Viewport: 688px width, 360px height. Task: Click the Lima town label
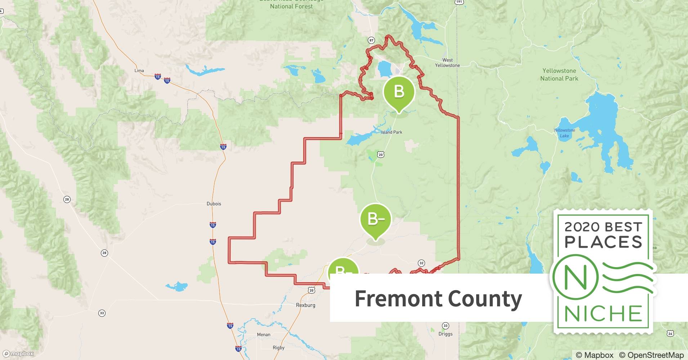139,71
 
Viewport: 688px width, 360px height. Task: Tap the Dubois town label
214,204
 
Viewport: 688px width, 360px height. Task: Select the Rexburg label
305,305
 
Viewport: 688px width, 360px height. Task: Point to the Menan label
263,334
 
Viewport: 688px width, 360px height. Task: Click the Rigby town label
278,347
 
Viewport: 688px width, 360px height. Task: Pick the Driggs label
446,334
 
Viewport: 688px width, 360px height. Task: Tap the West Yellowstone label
447,63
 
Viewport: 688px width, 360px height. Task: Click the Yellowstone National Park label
559,75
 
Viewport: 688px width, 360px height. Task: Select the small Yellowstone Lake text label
564,133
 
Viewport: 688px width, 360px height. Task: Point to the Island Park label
392,132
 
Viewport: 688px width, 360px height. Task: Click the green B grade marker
399,92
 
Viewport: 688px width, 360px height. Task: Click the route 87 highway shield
371,40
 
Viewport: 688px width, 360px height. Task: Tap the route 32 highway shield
421,263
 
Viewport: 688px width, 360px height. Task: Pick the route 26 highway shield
670,333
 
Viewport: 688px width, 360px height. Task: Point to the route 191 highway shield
459,2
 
